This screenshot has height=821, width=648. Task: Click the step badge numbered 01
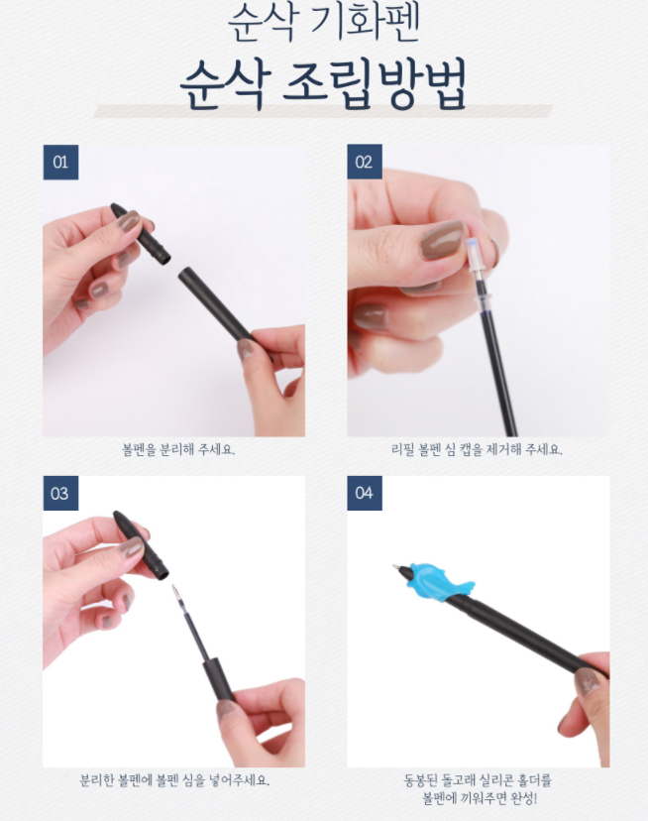click(60, 163)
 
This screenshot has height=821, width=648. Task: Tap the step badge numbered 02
click(365, 163)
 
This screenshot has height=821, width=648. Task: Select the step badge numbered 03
click(60, 493)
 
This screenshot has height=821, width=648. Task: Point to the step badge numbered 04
click(365, 493)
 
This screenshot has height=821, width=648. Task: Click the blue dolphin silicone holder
click(439, 582)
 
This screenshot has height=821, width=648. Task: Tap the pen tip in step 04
click(396, 567)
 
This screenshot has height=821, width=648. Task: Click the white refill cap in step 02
click(477, 254)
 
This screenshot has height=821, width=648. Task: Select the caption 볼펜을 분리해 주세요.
click(178, 449)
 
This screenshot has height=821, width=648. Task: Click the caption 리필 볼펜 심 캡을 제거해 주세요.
click(477, 449)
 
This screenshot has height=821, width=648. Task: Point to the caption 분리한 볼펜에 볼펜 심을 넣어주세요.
click(174, 780)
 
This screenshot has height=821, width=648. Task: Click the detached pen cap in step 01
click(142, 233)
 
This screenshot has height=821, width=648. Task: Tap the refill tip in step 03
click(174, 590)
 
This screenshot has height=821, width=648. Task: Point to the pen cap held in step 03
click(142, 544)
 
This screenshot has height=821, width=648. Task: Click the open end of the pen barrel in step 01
click(184, 275)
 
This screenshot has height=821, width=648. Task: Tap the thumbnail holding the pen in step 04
click(588, 682)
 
